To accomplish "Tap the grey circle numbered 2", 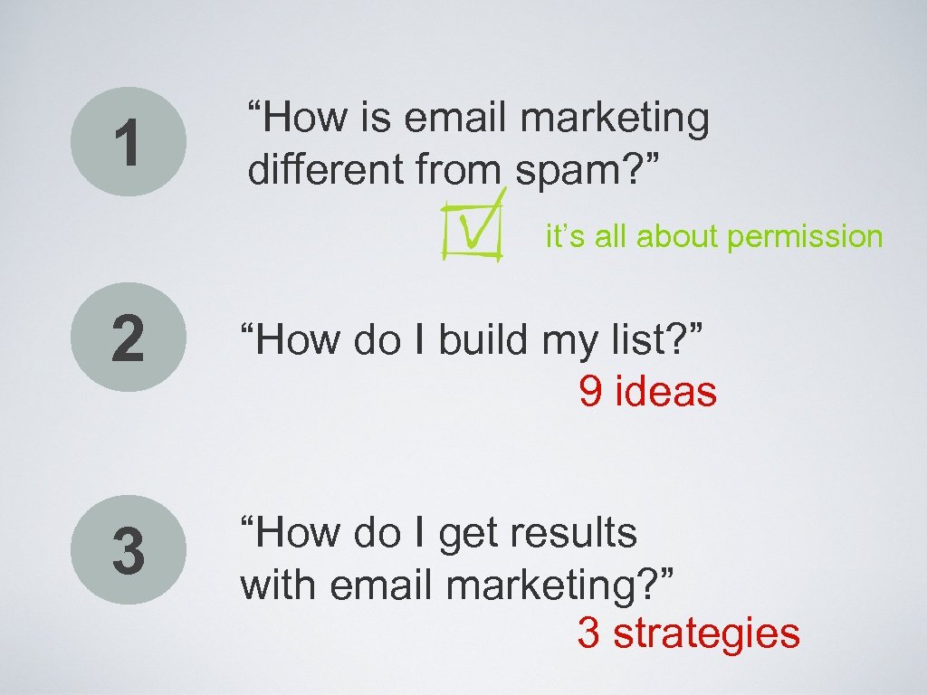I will click(129, 338).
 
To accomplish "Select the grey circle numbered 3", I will click(129, 551).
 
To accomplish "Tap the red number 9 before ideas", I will click(591, 392).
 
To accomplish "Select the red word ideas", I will click(665, 392).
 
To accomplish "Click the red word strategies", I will click(706, 633).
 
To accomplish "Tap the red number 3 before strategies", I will click(588, 633).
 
